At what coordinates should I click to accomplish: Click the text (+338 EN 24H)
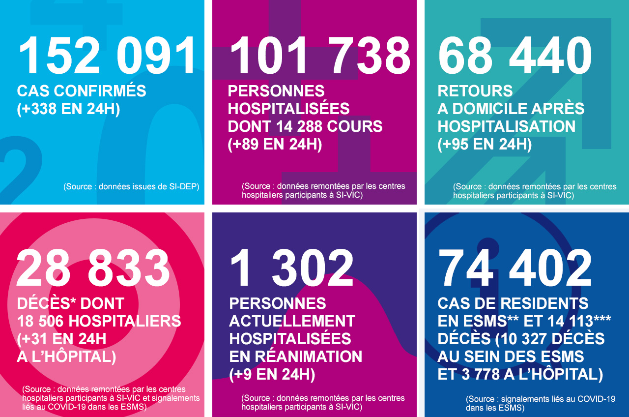(68, 109)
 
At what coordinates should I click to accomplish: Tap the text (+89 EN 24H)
(275, 145)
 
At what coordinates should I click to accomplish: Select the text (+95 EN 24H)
(485, 145)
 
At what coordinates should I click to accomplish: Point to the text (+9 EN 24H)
(272, 375)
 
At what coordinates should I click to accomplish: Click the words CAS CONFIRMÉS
(82, 91)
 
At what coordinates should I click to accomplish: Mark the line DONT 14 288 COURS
(305, 126)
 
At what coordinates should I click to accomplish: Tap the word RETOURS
(475, 91)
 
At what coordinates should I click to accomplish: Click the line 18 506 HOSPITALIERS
(99, 321)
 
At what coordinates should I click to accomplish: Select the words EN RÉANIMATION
(295, 357)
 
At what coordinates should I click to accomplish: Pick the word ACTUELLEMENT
(292, 321)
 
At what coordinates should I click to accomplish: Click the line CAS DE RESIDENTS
(513, 303)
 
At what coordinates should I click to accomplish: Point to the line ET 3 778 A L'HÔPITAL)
(520, 375)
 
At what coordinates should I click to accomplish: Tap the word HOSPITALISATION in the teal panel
(506, 126)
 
